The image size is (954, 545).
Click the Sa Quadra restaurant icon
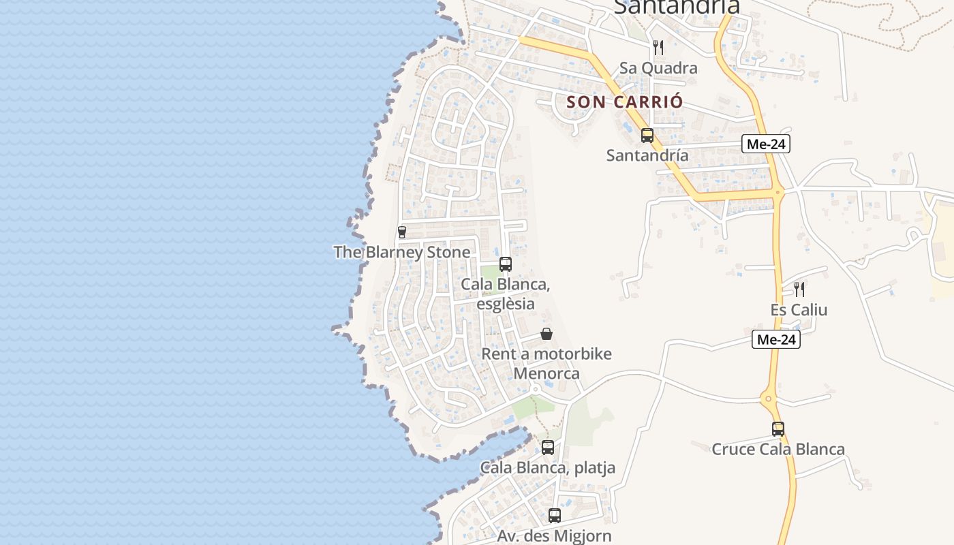click(x=658, y=47)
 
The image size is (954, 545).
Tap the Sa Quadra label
click(x=658, y=68)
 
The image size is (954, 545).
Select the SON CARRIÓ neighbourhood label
click(x=624, y=102)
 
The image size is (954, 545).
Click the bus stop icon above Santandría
click(x=647, y=135)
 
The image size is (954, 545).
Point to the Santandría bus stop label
click(x=647, y=155)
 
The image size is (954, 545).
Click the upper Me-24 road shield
click(x=766, y=144)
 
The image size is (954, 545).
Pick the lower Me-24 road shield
click(x=776, y=339)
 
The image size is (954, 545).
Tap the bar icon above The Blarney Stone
click(x=401, y=232)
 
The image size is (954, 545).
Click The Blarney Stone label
click(x=401, y=252)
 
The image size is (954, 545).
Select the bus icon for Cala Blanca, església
click(x=505, y=264)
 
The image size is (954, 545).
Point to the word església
click(x=506, y=304)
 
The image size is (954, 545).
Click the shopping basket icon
click(x=547, y=334)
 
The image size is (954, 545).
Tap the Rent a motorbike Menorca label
click(x=547, y=364)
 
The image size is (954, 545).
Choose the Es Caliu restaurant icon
click(x=799, y=289)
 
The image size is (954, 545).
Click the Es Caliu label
click(x=799, y=310)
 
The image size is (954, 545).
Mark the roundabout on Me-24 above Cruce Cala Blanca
click(x=768, y=399)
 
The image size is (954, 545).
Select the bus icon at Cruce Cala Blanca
click(x=778, y=429)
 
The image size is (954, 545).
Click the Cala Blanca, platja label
click(x=548, y=468)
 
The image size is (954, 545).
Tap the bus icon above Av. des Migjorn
click(x=555, y=516)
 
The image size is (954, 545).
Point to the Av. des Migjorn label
click(x=554, y=536)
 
